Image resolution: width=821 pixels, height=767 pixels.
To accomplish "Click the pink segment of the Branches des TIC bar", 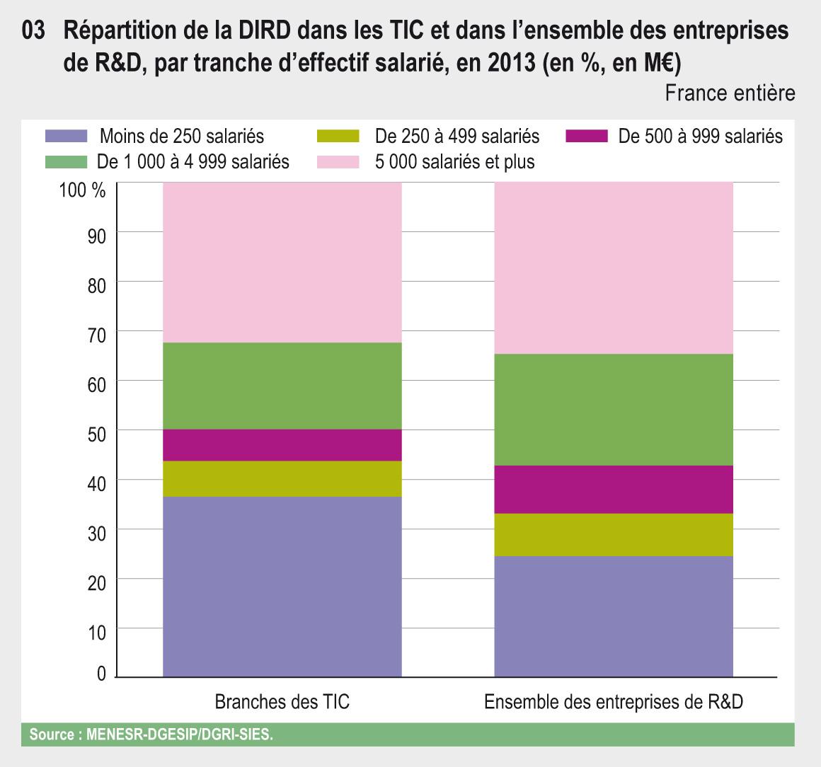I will coord(282,263).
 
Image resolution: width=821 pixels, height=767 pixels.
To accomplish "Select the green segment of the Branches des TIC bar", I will coord(282,386).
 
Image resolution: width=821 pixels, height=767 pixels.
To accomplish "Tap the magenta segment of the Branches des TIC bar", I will coord(282,445).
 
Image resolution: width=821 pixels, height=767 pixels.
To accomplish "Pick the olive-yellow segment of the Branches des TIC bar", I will coord(282,479).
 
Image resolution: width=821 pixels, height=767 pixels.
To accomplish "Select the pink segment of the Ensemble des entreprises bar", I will coord(613,268).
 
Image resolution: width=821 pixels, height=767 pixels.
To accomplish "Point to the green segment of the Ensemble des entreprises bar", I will coord(613,410).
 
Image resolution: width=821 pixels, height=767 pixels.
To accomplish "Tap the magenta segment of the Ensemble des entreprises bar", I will coord(613,489).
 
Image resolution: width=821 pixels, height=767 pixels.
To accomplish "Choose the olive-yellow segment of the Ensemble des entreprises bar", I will coord(613,534).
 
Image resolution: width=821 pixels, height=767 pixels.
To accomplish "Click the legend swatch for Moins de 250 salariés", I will coord(66,135).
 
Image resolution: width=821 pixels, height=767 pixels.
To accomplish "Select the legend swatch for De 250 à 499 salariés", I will coord(338,135).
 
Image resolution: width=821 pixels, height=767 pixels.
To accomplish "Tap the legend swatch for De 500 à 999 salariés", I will coord(587,135).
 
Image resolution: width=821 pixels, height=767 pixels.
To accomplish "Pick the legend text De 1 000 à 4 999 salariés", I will coord(193,161).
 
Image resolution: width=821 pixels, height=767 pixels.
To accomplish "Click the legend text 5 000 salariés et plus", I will coord(455,161).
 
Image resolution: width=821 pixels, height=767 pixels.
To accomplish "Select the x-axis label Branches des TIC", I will coord(282,703).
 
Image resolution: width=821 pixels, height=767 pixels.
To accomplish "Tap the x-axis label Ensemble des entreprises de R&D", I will coord(614,703).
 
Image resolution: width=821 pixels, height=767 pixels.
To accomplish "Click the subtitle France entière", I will coord(730,93).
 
